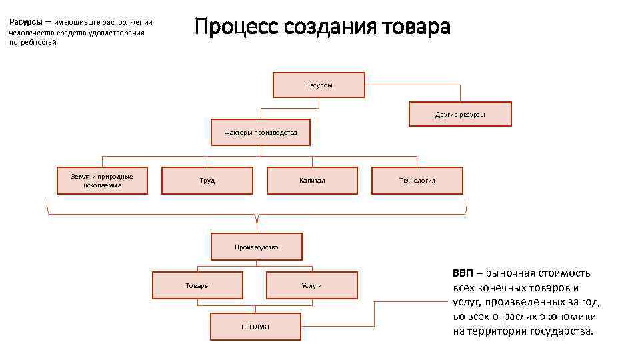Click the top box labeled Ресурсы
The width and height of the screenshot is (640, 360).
(x=319, y=85)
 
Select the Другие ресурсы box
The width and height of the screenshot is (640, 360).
(x=460, y=114)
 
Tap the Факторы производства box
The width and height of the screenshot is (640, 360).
(x=261, y=133)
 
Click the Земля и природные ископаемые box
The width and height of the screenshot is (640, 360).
(x=102, y=180)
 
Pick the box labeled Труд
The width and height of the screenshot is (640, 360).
(x=207, y=180)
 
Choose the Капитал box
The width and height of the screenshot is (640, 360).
(x=312, y=180)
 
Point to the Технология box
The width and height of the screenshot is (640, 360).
(x=417, y=180)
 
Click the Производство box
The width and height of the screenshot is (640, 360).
(x=257, y=246)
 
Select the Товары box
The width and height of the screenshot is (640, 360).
(x=197, y=285)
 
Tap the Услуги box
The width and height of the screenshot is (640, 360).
(x=311, y=285)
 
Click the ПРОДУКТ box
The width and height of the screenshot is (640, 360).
(x=256, y=325)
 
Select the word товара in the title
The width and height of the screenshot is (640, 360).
(x=417, y=27)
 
